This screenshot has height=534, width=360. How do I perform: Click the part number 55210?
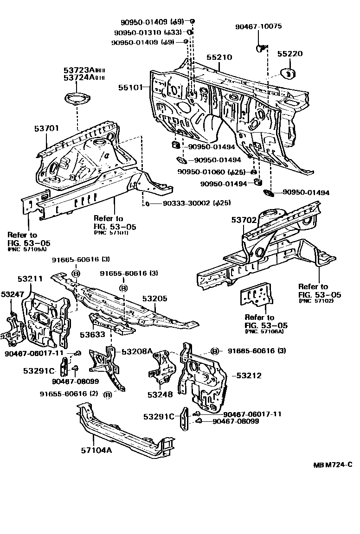click(219, 57)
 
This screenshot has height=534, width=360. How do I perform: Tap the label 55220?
click(290, 54)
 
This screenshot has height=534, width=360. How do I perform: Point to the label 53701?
click(47, 128)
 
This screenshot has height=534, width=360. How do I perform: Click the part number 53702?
click(244, 220)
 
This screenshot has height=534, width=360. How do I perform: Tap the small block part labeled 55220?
click(289, 73)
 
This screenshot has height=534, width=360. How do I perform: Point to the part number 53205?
click(154, 299)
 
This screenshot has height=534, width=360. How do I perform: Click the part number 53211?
click(30, 279)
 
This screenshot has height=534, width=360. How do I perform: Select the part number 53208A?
click(137, 352)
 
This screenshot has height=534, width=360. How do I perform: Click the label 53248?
click(160, 394)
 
